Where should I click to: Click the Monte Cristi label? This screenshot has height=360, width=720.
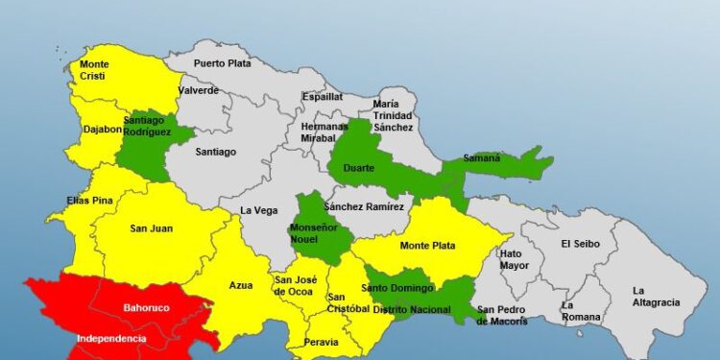point(94,70)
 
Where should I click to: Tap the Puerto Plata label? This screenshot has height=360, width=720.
point(221,63)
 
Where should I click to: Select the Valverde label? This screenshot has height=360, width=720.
point(199,90)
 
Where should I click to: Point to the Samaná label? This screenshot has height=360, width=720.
point(482,157)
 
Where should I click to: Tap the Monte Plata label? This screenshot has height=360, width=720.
point(438,246)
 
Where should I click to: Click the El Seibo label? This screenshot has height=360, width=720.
point(581,244)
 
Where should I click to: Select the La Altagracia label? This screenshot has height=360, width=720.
point(657,296)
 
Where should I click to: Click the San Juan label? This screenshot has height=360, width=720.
point(151,228)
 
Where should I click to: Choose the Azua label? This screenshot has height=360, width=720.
point(241,285)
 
